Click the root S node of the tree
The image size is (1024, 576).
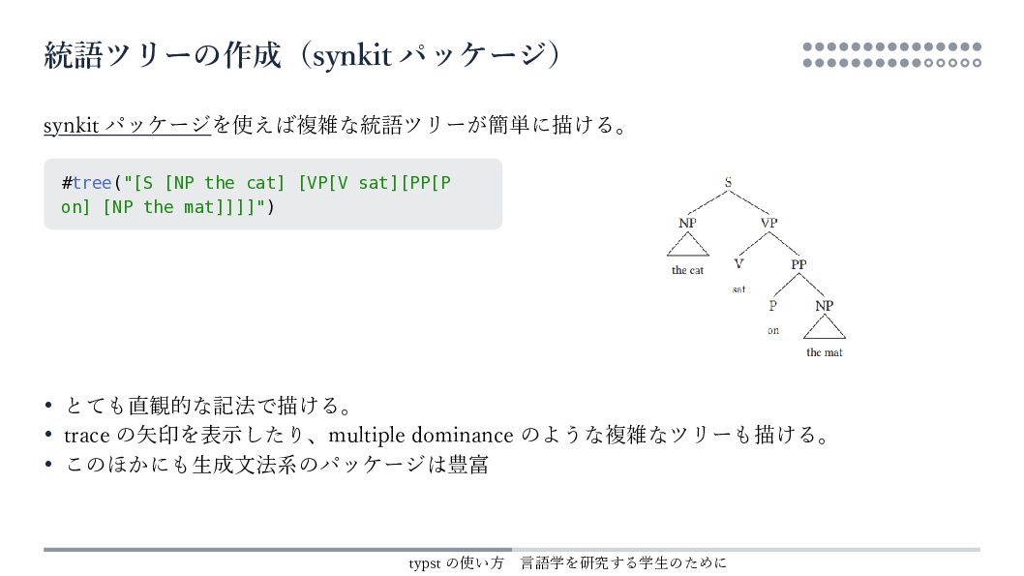click(x=728, y=181)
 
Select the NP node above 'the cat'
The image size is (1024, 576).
click(x=687, y=223)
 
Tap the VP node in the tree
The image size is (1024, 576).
click(x=768, y=223)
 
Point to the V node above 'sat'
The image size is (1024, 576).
click(x=738, y=263)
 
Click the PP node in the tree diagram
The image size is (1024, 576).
click(x=798, y=263)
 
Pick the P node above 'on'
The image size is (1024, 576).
click(x=772, y=305)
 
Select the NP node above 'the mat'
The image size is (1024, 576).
click(x=824, y=305)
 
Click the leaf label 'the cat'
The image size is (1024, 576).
click(x=687, y=270)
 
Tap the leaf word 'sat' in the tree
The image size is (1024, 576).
click(x=738, y=288)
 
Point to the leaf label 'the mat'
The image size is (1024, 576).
click(x=825, y=352)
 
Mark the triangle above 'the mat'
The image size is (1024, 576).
click(x=825, y=327)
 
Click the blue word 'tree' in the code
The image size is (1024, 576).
click(x=92, y=183)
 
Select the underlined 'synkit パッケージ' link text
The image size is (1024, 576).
click(x=127, y=125)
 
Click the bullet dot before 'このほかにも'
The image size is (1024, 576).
click(x=48, y=465)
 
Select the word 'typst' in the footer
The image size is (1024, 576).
click(x=425, y=562)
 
